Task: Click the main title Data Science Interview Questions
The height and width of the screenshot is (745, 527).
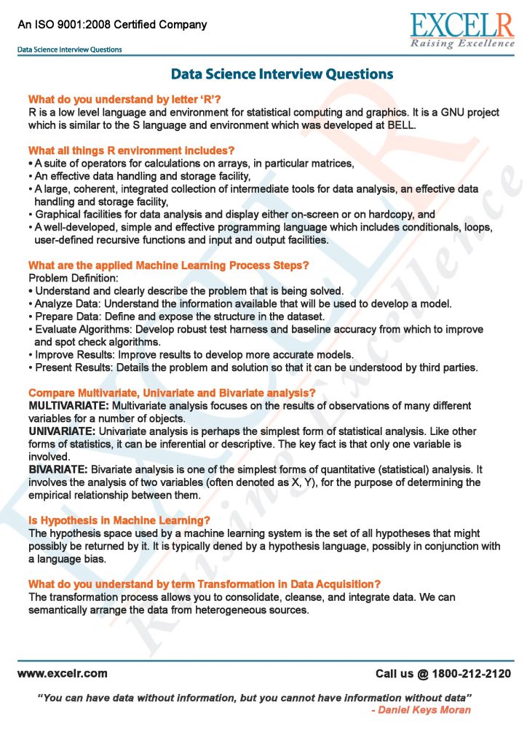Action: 282,74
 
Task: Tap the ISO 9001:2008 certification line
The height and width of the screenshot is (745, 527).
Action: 113,25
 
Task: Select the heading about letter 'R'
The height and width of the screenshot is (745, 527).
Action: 124,99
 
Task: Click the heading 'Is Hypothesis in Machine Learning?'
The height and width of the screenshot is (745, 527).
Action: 119,520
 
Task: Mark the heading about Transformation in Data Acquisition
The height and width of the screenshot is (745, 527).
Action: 205,584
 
